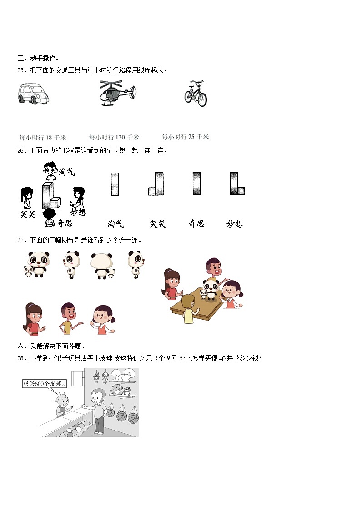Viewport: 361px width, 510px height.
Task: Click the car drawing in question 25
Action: point(33,94)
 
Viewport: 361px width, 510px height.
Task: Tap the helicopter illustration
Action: point(117,93)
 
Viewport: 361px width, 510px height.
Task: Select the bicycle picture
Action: point(196,94)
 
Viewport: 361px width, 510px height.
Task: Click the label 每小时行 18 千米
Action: point(43,138)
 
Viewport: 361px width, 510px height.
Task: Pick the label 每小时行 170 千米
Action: point(114,137)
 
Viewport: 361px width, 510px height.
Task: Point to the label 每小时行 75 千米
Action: point(185,137)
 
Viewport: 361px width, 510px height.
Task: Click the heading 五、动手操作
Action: point(38,58)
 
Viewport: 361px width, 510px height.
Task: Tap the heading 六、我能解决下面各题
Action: point(51,346)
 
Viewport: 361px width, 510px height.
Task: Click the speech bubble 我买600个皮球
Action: point(44,383)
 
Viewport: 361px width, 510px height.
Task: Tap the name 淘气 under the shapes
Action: point(115,223)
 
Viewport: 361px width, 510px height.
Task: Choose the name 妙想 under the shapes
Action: point(235,223)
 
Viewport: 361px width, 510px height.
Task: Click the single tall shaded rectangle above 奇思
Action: point(196,183)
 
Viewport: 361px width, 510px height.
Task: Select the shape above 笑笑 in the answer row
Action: point(156,184)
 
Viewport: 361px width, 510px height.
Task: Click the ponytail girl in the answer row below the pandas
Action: point(33,319)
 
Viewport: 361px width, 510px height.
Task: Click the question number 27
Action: point(21,240)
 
